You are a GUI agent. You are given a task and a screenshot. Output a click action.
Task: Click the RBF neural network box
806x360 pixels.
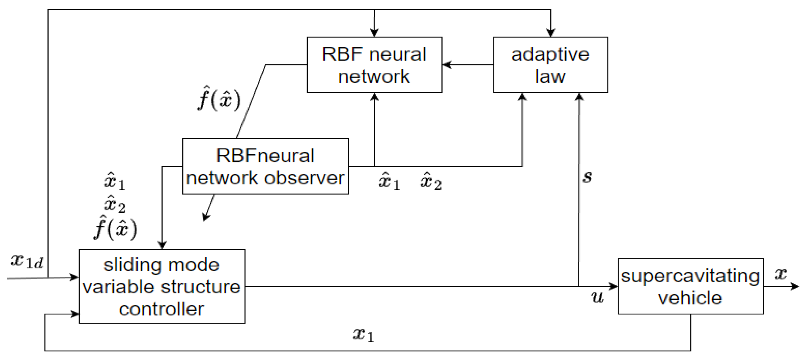coord(374,65)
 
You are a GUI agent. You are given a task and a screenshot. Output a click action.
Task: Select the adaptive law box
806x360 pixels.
coord(550,65)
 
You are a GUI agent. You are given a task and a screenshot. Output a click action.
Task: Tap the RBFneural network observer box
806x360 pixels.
coord(265,166)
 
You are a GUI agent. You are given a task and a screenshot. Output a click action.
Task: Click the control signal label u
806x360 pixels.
coord(597,296)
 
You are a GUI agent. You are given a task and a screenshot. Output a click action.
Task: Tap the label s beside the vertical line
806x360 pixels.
coord(587,177)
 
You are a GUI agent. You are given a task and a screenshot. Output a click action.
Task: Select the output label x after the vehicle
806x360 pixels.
coord(781,274)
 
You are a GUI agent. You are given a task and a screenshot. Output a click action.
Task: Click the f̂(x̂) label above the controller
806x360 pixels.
coord(115,228)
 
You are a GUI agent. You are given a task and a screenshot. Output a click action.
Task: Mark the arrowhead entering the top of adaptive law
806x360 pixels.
coord(550,32)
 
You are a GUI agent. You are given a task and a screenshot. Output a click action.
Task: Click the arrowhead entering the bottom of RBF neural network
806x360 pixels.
coord(374,97)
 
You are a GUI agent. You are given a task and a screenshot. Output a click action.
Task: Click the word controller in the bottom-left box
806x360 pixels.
coord(162,309)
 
